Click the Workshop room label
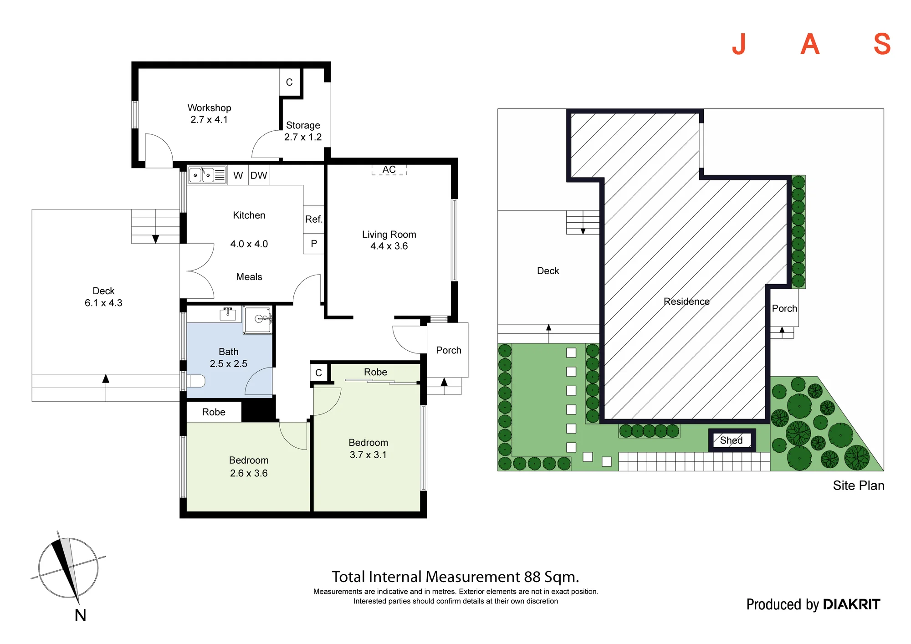coord(209,108)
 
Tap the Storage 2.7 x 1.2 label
coord(303,131)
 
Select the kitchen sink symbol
coord(207,175)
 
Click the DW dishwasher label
coord(259,175)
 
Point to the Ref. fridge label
coord(313,219)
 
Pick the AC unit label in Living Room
coord(389,169)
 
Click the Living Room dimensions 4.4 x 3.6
coord(389,246)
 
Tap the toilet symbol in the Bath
coord(196,381)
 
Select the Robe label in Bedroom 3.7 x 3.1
coord(375,372)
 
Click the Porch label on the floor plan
coord(449,350)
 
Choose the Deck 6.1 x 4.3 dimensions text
coord(103,303)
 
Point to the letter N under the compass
coord(80,615)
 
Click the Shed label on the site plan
coord(731,440)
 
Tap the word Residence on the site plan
coord(686,302)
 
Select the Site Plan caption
coord(859,486)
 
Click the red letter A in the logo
coord(810,44)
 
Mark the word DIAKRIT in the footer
coord(852,604)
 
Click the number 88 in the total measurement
coord(532,577)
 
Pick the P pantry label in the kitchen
coord(314,244)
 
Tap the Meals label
coord(249,277)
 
